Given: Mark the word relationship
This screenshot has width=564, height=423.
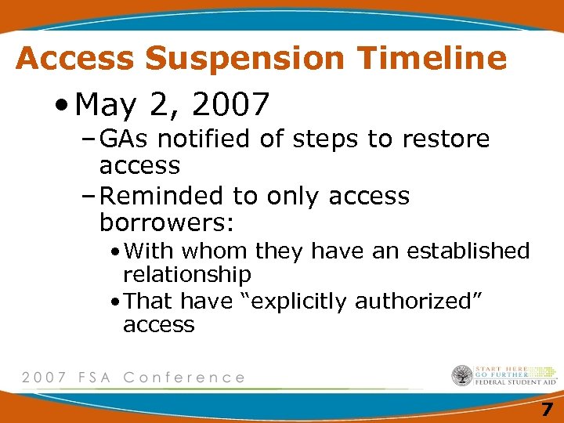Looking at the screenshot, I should (x=187, y=275).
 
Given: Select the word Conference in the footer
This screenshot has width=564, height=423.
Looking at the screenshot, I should (x=185, y=378).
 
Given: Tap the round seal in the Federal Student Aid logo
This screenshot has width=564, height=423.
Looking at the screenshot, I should (x=461, y=376).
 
